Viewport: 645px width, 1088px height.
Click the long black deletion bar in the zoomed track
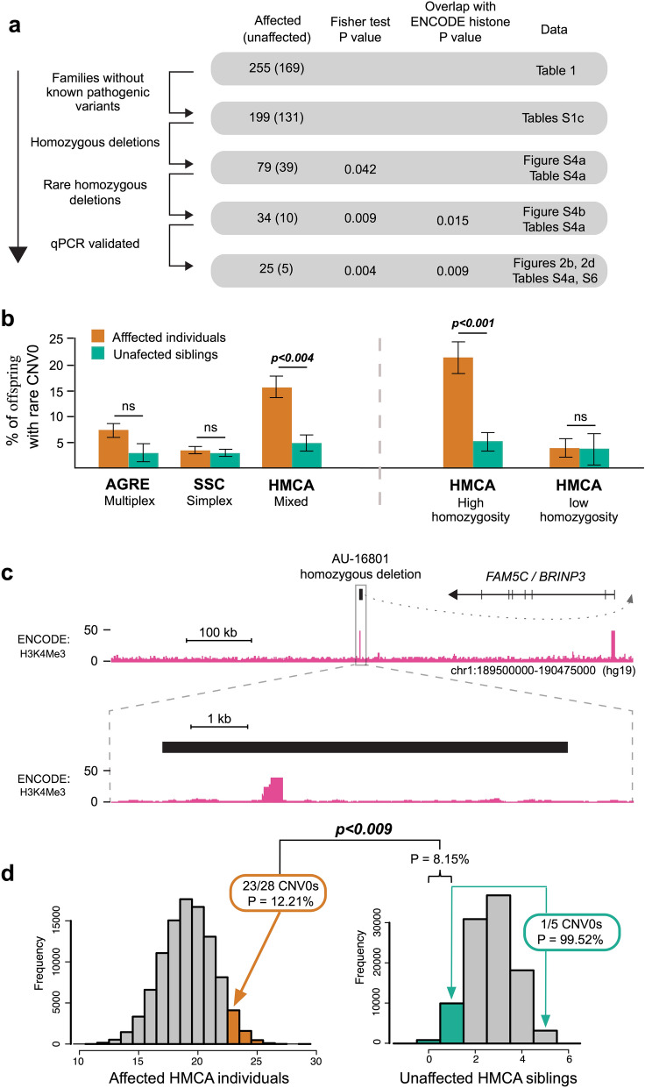[x=365, y=746]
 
